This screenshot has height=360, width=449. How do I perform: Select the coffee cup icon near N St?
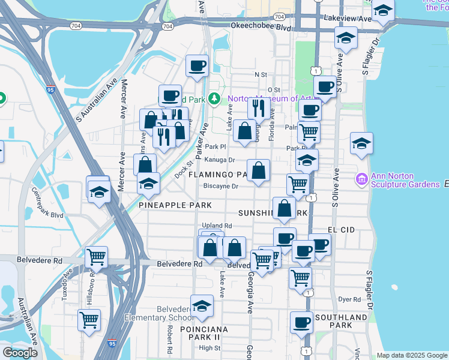click(x=196, y=66)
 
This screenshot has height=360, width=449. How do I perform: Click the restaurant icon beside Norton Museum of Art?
click(x=259, y=108)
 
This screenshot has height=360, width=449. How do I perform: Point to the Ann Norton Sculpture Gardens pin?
click(x=360, y=179)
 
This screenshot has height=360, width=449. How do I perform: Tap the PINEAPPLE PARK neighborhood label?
click(x=175, y=205)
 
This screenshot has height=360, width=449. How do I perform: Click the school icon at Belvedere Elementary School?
click(x=202, y=306)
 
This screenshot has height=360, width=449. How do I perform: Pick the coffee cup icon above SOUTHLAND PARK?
click(x=301, y=323)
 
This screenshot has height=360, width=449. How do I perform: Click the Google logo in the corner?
click(x=20, y=353)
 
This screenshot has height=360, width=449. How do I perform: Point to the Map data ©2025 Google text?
click(x=411, y=355)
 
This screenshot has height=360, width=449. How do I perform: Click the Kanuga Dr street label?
click(x=219, y=160)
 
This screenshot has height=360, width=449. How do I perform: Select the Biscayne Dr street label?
click(x=221, y=186)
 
